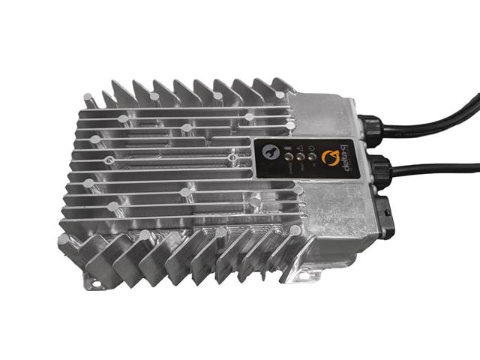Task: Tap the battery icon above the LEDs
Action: coord(287,148)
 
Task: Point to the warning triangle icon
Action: coord(298,148)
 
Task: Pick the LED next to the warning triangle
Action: coord(299,158)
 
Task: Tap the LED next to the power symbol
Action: coord(311,157)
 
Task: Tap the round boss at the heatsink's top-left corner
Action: coord(89,97)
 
